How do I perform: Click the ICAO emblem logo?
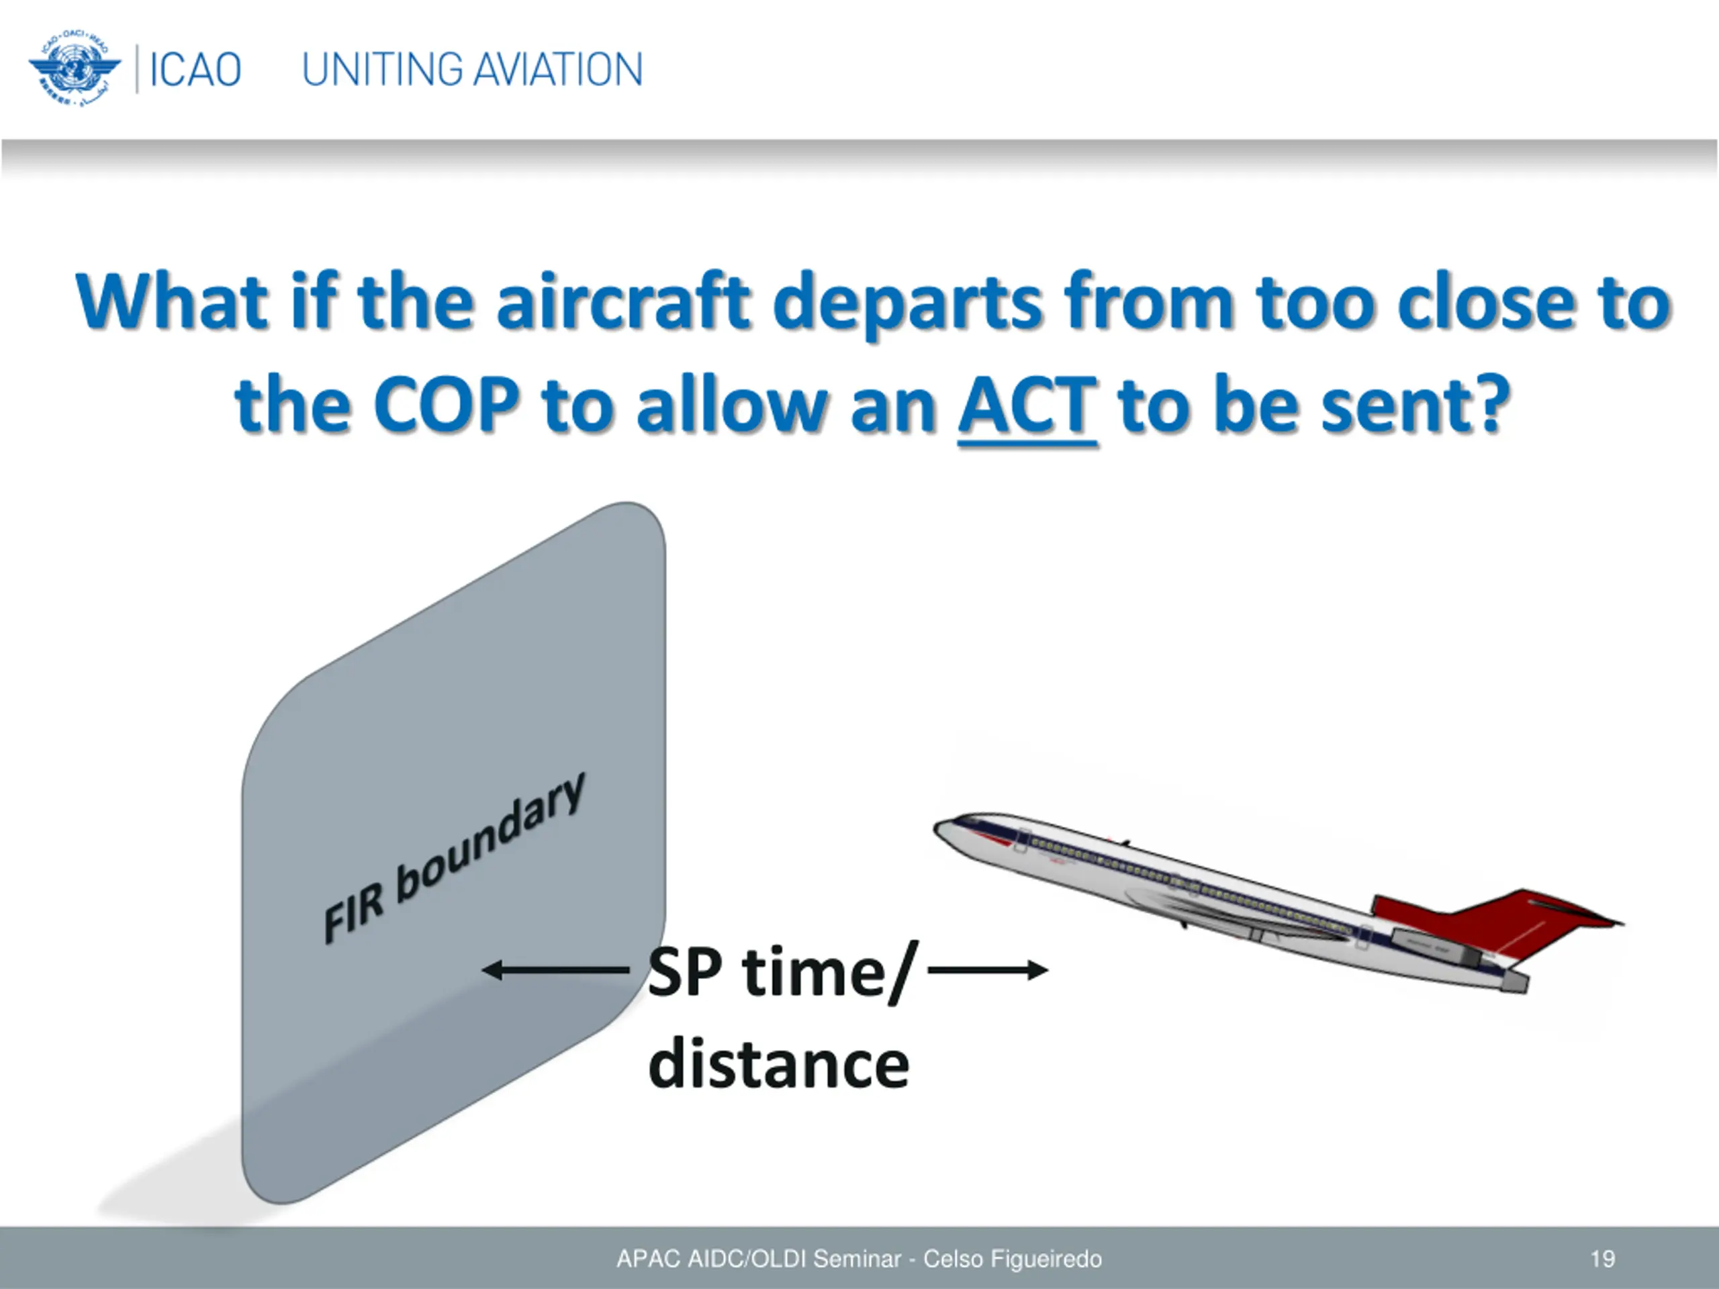coord(75,69)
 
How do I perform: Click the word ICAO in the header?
coord(195,70)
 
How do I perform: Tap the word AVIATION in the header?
coord(558,70)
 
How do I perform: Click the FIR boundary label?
coord(454,858)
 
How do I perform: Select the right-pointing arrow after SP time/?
coord(988,969)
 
